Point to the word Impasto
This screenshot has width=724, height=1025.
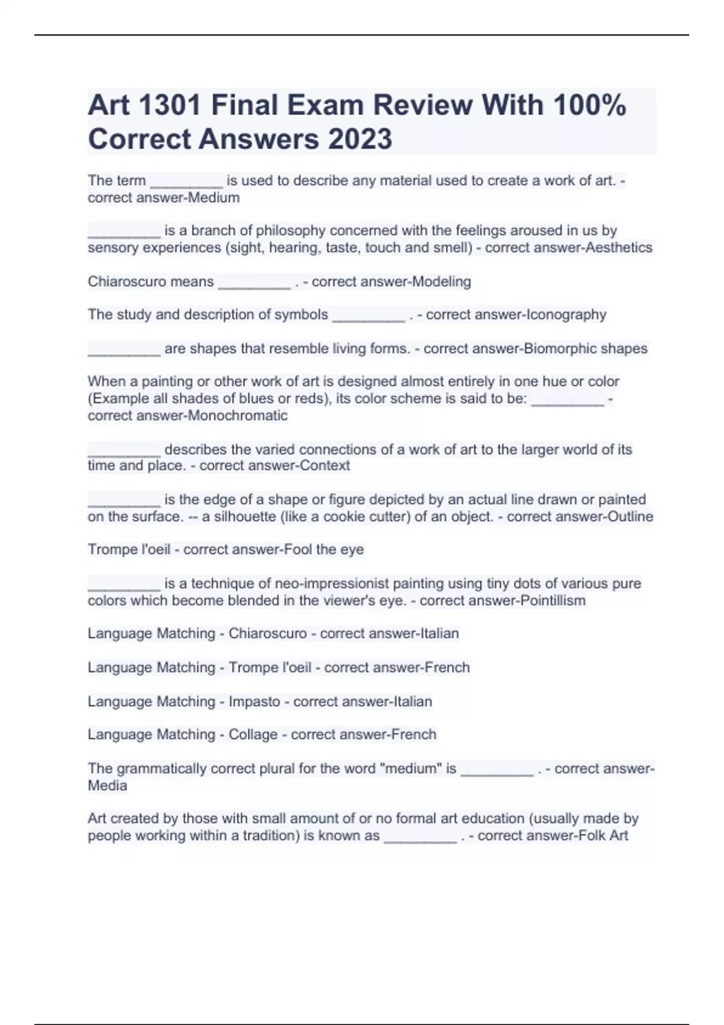(254, 702)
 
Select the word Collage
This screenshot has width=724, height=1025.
(253, 735)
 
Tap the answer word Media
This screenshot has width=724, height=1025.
(107, 786)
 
